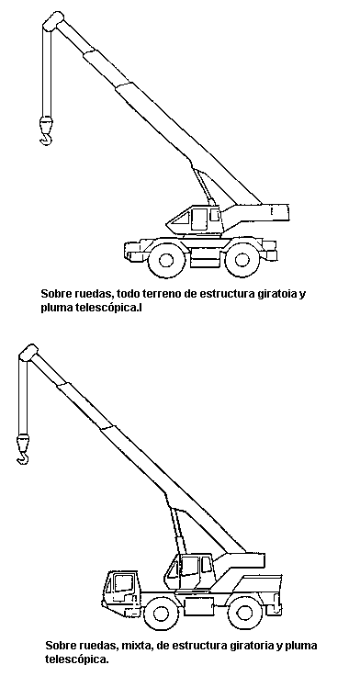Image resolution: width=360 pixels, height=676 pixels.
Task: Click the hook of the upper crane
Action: pyautogui.click(x=46, y=138)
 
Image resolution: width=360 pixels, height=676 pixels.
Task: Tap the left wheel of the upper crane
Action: pyautogui.click(x=166, y=260)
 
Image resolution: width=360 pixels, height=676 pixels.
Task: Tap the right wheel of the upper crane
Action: pyautogui.click(x=242, y=260)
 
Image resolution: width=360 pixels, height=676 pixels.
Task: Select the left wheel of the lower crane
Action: pyautogui.click(x=161, y=613)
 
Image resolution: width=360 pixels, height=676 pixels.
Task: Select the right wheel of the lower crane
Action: pyautogui.click(x=244, y=613)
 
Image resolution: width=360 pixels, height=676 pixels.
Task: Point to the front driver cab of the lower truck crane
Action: pyautogui.click(x=121, y=590)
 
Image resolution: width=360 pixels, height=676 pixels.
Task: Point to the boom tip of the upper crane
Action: pyautogui.click(x=54, y=21)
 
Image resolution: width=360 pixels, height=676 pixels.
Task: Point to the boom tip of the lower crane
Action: pyautogui.click(x=28, y=353)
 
